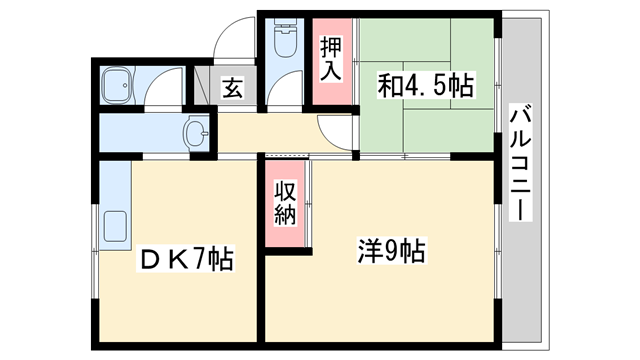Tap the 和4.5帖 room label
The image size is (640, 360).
(423, 85)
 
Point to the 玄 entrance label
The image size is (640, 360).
(232, 88)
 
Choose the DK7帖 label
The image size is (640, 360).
(185, 259)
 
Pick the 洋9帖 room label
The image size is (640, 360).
(390, 250)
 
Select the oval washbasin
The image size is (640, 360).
(197, 131)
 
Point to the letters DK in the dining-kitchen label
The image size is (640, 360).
(161, 259)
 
